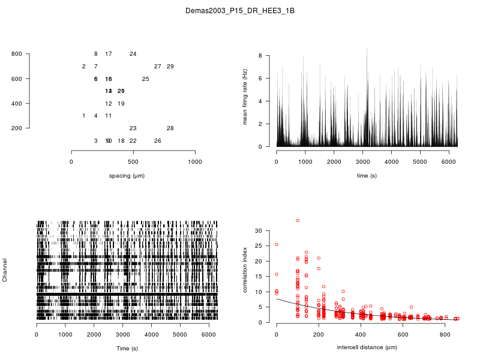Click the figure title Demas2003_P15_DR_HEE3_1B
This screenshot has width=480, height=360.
tap(239, 11)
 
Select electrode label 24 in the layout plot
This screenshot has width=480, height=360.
tap(133, 54)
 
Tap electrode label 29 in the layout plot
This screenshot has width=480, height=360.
tap(170, 67)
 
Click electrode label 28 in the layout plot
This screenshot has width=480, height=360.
tap(170, 128)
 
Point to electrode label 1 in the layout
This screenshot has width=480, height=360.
tap(83, 116)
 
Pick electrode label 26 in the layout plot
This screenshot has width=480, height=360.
tap(158, 141)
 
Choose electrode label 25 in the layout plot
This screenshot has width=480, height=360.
tap(146, 79)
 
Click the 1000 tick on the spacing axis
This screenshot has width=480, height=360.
tap(195, 162)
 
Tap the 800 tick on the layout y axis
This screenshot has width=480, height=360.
tap(17, 54)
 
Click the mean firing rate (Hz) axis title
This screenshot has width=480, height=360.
tap(245, 97)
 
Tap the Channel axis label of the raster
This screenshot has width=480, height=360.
tap(5, 271)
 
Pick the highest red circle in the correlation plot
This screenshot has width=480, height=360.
tap(298, 221)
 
